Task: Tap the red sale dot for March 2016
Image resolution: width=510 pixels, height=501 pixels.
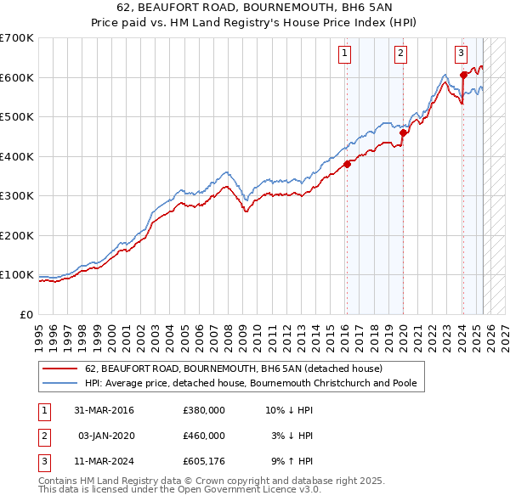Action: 347,165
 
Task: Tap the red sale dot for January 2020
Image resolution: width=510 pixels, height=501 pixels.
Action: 403,132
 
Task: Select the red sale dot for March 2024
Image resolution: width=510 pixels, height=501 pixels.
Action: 463,75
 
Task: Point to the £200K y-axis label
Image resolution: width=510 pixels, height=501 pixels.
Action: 16,235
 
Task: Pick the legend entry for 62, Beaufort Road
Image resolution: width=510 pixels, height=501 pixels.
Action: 234,369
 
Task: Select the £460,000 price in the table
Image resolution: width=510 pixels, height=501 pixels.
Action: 204,436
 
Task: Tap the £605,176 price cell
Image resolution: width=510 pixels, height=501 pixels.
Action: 204,461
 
